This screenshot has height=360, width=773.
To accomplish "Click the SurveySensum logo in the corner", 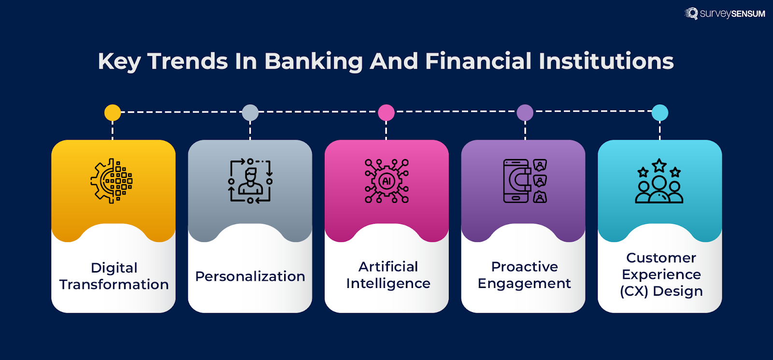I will pyautogui.click(x=725, y=14).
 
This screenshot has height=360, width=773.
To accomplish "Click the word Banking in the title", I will pyautogui.click(x=314, y=61).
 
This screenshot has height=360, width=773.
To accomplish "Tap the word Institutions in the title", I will pyautogui.click(x=606, y=61).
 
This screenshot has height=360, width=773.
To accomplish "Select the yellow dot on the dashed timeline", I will pyautogui.click(x=113, y=113).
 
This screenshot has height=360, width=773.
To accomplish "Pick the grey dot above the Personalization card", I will pyautogui.click(x=250, y=113).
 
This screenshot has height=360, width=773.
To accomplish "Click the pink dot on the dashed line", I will pyautogui.click(x=386, y=113).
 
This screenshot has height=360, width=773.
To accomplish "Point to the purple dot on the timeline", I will pyautogui.click(x=525, y=113).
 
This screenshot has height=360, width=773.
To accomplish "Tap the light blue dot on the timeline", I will pyautogui.click(x=659, y=113).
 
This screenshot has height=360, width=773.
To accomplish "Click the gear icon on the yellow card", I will pyautogui.click(x=112, y=181).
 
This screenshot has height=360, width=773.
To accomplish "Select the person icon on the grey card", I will pyautogui.click(x=250, y=181).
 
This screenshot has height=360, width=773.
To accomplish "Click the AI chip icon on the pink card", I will pyautogui.click(x=386, y=181).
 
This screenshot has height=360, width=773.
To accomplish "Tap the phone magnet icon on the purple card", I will pyautogui.click(x=525, y=181).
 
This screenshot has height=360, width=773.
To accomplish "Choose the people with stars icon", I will pyautogui.click(x=659, y=181).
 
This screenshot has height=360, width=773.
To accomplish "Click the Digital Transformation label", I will pyautogui.click(x=114, y=276).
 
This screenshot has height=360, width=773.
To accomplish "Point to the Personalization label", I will pyautogui.click(x=250, y=276).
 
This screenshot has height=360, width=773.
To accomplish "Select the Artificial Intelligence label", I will pyautogui.click(x=388, y=275).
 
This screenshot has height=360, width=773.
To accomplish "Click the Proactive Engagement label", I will pyautogui.click(x=524, y=275).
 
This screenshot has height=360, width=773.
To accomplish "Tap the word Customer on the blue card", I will pyautogui.click(x=661, y=258).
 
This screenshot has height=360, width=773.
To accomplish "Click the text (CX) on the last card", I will pyautogui.click(x=634, y=291).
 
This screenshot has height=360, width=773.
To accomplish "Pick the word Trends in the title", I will pyautogui.click(x=187, y=61).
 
